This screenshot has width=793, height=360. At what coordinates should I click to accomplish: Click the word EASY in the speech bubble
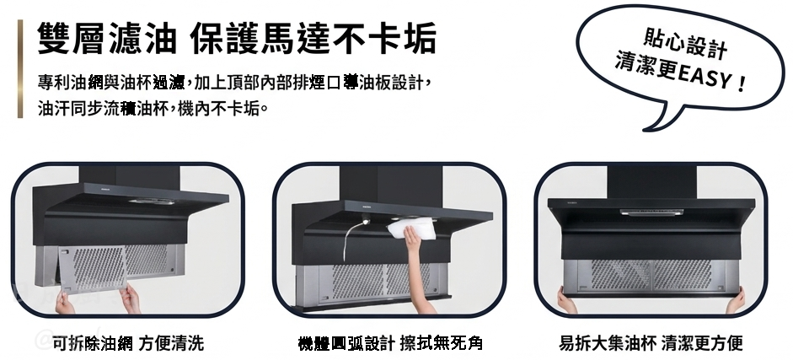click(x=703, y=77)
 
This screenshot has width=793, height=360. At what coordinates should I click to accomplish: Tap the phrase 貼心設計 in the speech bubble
click(x=685, y=42)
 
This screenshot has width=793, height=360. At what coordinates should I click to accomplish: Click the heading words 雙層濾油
click(x=107, y=38)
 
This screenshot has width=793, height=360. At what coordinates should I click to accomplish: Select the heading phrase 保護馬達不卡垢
click(x=313, y=38)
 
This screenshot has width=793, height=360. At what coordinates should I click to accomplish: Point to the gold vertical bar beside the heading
click(x=20, y=69)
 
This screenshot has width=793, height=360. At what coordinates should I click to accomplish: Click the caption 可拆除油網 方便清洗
click(x=128, y=343)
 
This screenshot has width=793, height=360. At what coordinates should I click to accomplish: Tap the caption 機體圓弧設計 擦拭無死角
click(x=390, y=343)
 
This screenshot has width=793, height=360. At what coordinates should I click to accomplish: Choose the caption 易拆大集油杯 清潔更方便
click(x=651, y=343)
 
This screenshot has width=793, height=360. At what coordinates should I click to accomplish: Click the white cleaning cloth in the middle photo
click(x=413, y=227)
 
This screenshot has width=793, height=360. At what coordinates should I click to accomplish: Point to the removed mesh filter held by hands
click(x=91, y=270)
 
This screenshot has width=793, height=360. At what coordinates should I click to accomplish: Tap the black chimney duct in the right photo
click(x=652, y=183)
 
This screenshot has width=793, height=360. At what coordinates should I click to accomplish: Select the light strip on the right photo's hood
click(x=652, y=212)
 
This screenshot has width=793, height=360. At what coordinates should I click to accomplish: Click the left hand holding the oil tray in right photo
click(x=566, y=300)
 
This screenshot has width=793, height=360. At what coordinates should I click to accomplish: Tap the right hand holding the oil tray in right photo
click(x=736, y=300)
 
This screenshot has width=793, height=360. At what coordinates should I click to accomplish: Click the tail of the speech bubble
click(x=657, y=119)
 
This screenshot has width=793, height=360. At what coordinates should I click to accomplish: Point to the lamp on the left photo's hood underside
click(x=151, y=201)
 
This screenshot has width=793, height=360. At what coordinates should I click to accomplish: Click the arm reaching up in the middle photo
click(x=417, y=268)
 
